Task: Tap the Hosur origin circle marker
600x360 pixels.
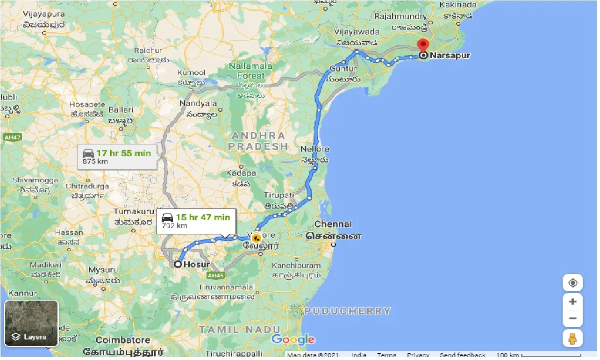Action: [178, 264]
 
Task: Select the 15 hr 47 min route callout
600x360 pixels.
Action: [196, 221]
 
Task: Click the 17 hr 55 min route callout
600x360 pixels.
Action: [117, 157]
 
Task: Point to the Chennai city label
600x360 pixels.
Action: [333, 224]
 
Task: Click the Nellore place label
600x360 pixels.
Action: [315, 149]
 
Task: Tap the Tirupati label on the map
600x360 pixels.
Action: [279, 195]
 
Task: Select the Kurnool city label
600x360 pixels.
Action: [191, 73]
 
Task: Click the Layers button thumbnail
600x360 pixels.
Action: [31, 323]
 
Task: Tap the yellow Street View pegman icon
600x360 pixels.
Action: [572, 338]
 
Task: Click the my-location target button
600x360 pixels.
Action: [572, 283]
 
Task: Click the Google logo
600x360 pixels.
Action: [293, 339]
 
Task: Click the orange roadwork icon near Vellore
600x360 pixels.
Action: [256, 238]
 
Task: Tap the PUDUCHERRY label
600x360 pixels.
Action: [347, 311]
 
